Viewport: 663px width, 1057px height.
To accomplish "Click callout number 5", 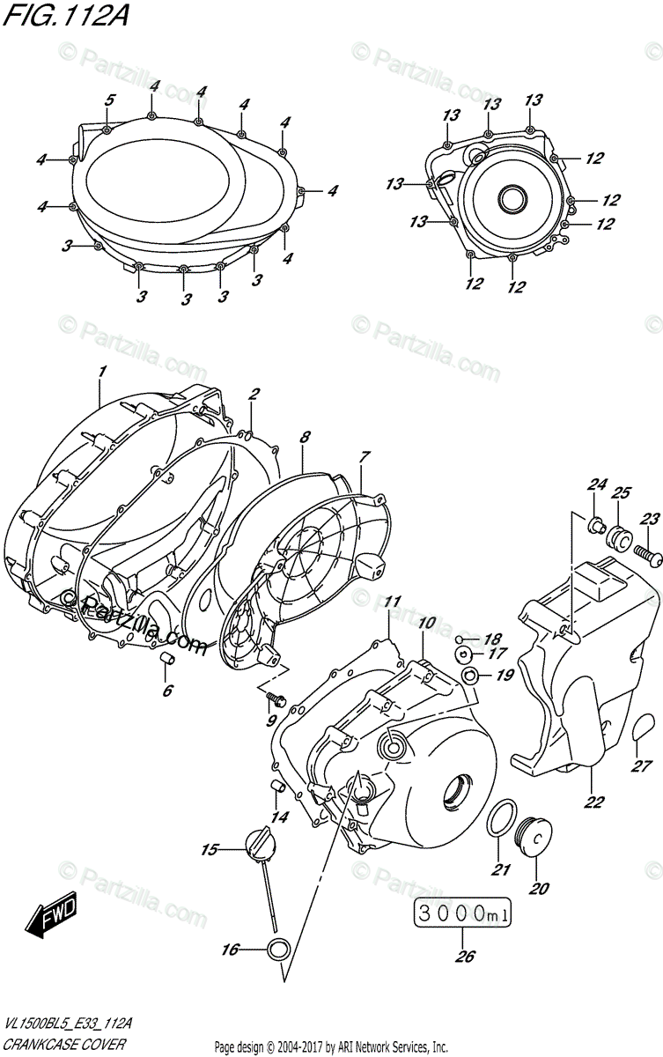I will [x=109, y=100].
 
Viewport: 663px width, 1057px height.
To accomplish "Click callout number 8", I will [x=305, y=436].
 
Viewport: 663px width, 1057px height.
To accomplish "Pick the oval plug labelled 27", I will [x=644, y=730].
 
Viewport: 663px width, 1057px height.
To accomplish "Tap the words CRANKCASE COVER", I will [x=62, y=1044].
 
